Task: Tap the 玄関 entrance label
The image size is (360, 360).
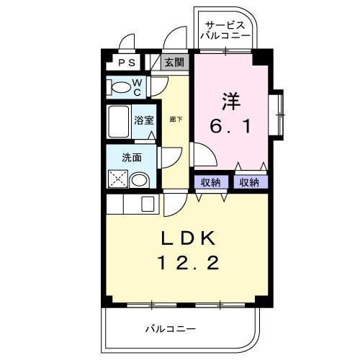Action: [174, 63]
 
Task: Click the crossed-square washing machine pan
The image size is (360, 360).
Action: [118, 177]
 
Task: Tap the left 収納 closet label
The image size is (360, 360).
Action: [211, 182]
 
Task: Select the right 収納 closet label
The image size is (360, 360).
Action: [249, 182]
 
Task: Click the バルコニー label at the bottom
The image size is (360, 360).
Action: [171, 329]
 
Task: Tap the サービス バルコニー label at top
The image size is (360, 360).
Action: [225, 29]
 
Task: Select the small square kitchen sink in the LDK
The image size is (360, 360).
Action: [148, 204]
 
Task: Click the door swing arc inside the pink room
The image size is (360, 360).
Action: [203, 153]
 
